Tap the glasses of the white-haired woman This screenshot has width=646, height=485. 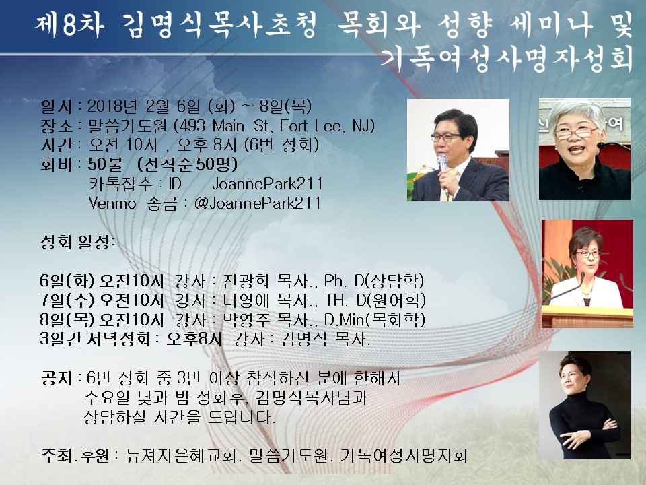pyautogui.click(x=575, y=133)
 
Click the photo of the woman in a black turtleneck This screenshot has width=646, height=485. pyautogui.click(x=585, y=405)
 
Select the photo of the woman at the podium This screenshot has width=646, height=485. pyautogui.click(x=587, y=273)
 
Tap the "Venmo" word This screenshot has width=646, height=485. pyautogui.click(x=112, y=203)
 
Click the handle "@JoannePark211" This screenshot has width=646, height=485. pyautogui.click(x=257, y=203)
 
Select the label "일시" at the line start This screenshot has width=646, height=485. pyautogui.click(x=56, y=106)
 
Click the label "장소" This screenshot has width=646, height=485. pyautogui.click(x=56, y=126)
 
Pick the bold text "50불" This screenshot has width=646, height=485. pyautogui.click(x=105, y=164)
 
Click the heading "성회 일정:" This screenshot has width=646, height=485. pyautogui.click(x=77, y=242)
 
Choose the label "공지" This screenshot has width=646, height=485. pyautogui.click(x=57, y=378)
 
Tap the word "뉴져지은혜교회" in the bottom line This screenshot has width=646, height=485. pyautogui.click(x=181, y=455)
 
